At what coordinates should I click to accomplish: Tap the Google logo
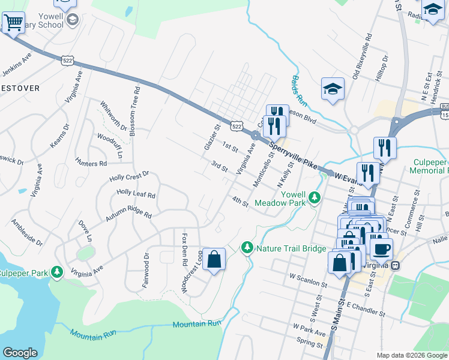tap(20, 353)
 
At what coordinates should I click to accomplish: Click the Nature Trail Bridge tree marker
tap(247, 247)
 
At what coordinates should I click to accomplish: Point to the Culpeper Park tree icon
tap(56, 272)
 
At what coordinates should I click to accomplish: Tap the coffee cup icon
tap(381, 248)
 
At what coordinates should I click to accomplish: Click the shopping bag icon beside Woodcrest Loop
tap(214, 260)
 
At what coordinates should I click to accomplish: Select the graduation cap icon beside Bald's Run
tap(333, 89)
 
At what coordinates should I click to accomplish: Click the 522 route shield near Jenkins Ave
tap(67, 58)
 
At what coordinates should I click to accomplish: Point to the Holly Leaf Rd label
tap(136, 194)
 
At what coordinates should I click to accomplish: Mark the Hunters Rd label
tap(91, 163)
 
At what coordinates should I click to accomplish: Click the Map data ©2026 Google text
tap(411, 355)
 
